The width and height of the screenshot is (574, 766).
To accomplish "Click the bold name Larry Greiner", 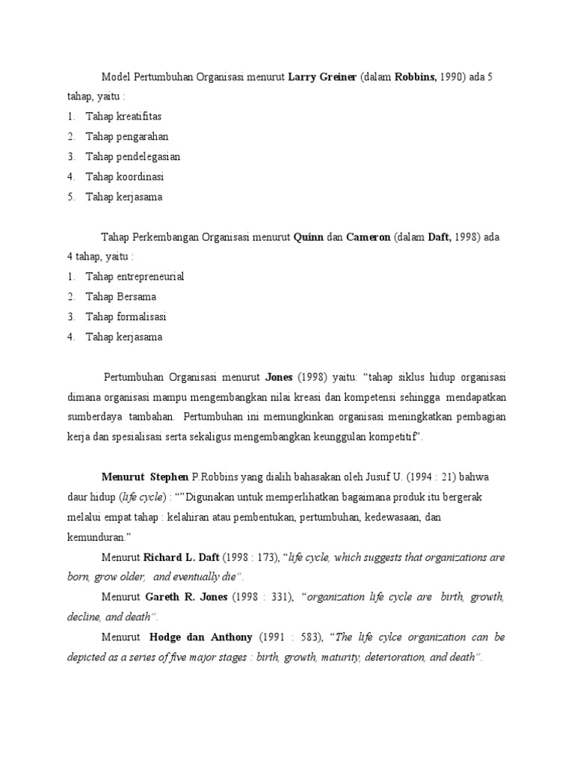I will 321,77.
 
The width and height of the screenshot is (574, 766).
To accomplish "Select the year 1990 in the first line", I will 443,77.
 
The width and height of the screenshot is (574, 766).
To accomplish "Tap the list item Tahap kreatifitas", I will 123,117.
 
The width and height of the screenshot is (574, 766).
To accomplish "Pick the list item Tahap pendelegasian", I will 133,157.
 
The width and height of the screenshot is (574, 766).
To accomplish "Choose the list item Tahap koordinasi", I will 125,177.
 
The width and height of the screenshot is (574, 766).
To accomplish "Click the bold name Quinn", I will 309,237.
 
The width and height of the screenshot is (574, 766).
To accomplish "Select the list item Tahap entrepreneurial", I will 135,277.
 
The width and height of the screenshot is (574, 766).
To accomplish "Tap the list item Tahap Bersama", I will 121,297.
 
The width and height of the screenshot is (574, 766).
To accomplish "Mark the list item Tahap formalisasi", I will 126,317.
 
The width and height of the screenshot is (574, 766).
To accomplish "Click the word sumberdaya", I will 95,417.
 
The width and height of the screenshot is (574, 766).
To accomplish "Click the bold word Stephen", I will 170,477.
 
